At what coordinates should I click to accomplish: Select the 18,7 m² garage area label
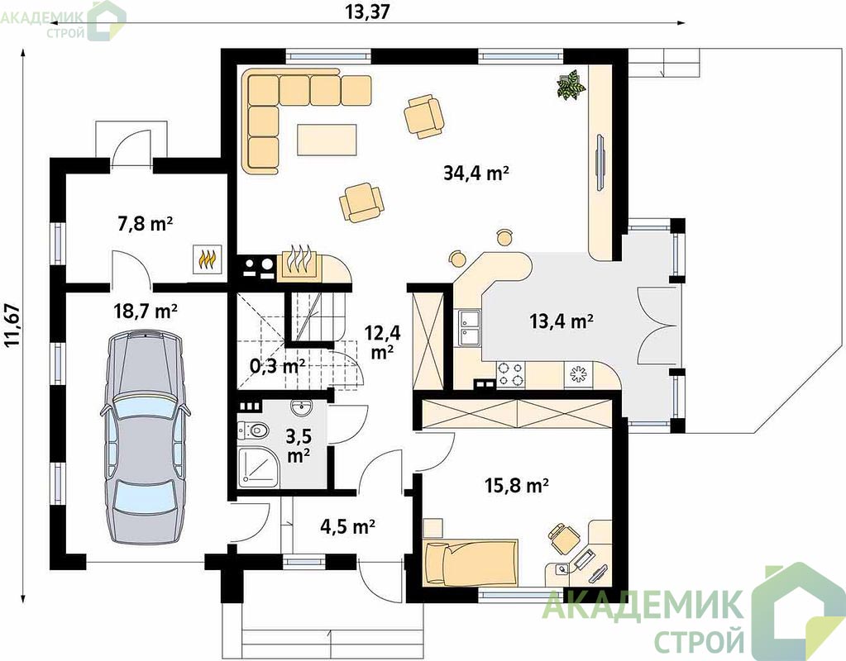coord(146,311)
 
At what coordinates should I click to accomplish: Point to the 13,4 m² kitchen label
coord(562,321)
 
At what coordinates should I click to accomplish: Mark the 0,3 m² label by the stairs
coord(277,366)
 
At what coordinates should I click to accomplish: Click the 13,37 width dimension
coord(367,12)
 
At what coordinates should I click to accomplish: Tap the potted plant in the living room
coord(571,84)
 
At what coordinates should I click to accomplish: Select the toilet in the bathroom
coord(254,430)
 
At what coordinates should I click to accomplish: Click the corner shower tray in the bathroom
coord(258,467)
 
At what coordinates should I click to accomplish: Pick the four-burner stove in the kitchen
coord(510,374)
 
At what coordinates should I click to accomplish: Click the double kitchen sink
coord(470,327)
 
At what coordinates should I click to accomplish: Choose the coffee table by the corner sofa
coord(327,140)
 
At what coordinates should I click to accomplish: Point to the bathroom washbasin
coord(300,408)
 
